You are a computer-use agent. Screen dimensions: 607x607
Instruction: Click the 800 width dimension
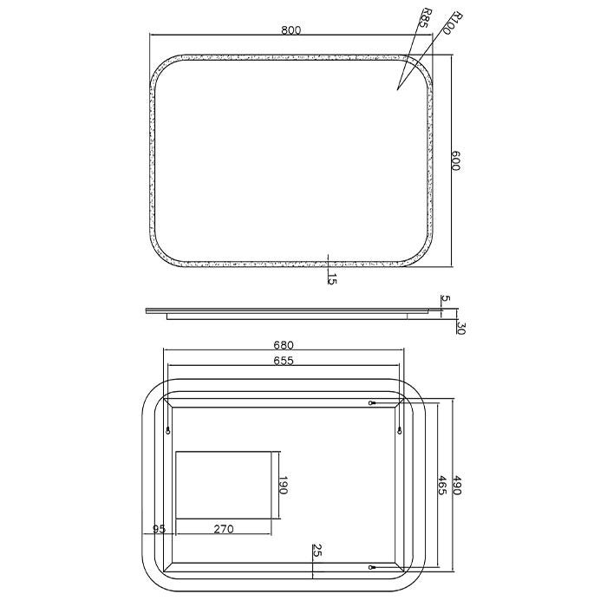click(290, 29)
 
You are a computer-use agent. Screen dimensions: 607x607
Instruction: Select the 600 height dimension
click(455, 160)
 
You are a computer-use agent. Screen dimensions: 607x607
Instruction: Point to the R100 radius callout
click(452, 23)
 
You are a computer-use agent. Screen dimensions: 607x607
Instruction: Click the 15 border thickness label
click(332, 278)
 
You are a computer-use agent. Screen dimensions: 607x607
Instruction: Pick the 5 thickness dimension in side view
click(446, 298)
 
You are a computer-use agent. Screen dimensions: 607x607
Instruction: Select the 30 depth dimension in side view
click(460, 328)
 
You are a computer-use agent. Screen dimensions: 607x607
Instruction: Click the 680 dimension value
click(284, 345)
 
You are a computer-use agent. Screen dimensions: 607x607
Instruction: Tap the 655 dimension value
click(284, 361)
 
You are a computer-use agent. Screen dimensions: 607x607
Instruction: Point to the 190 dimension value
click(283, 485)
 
